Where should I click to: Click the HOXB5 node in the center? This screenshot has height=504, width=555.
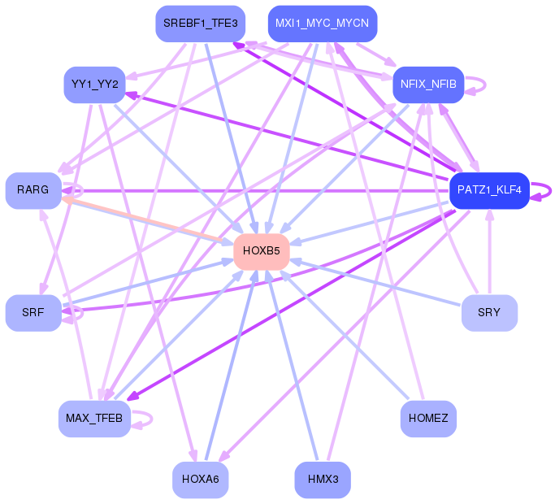pos(262,251)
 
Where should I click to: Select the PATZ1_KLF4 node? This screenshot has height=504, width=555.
pos(489,190)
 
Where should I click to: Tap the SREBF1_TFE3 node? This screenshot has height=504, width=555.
pos(201,24)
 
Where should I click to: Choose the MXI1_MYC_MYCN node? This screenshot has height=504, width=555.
pos(323,24)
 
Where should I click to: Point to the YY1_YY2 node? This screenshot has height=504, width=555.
pos(94,85)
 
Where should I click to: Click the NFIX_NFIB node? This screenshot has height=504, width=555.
pos(428,85)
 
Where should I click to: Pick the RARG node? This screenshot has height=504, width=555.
pos(33,190)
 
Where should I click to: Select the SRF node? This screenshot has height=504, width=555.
pos(33,313)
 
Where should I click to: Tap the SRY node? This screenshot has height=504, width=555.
pos(489,313)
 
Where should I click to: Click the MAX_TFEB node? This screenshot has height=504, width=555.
pos(94,419)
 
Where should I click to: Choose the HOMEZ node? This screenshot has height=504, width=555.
pos(428,419)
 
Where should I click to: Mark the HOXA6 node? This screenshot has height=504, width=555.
pos(201,480)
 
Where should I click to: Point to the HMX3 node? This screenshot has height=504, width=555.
pos(323,480)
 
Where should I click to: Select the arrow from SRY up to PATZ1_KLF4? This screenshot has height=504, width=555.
pos(489,252)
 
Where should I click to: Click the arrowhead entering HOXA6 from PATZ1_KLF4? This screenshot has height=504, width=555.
pos(224,457)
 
